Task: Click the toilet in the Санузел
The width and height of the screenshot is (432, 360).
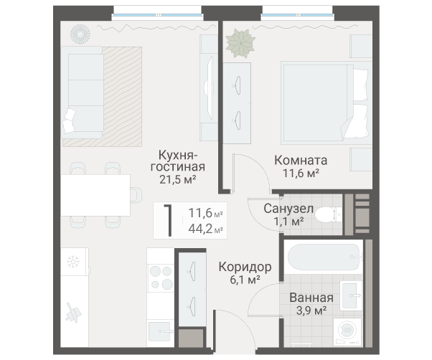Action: coord(328,214)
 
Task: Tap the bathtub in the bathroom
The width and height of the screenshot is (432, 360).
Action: coord(324,257)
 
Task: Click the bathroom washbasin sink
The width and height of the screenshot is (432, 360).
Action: coord(351,295)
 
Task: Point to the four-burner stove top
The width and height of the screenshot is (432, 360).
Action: coord(161,278)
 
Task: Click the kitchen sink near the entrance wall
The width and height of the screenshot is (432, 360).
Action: coord(160,331)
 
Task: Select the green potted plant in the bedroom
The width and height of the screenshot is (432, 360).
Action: coord(240,43)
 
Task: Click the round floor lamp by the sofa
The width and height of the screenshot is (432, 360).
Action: coord(80,34)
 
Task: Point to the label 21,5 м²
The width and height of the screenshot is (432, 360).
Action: coord(178,179)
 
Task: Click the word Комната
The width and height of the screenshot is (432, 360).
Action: coord(301,160)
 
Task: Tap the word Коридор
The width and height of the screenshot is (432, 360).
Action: coord(245,267)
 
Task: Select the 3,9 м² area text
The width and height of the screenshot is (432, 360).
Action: coord(311,311)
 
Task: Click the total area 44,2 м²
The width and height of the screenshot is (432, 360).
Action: coord(205,229)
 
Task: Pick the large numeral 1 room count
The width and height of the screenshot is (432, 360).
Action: coord(169,220)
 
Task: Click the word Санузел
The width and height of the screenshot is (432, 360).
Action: coord(288,209)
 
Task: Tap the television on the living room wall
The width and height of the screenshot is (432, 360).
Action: coord(210,87)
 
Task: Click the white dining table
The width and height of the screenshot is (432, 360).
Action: coord(95,195)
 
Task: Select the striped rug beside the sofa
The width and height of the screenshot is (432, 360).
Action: coord(122,97)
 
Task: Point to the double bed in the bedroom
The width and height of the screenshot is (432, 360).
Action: coord(324,103)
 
